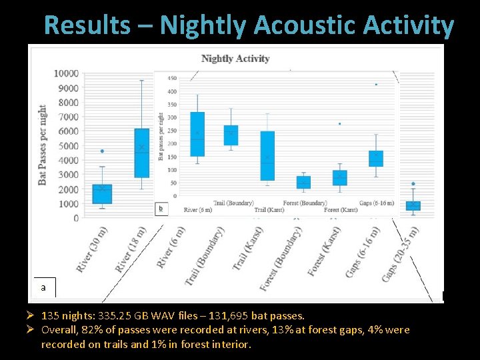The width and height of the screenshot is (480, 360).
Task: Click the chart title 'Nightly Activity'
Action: (x=235, y=59)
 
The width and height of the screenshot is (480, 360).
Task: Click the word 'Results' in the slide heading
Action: (x=87, y=25)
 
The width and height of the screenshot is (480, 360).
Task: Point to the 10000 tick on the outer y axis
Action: (x=66, y=73)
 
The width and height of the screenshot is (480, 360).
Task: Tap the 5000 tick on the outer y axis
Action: (x=68, y=146)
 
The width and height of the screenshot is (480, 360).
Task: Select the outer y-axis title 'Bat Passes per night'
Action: (x=43, y=145)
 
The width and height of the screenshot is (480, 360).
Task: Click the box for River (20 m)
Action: (x=102, y=193)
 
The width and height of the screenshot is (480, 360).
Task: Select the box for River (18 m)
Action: (x=141, y=153)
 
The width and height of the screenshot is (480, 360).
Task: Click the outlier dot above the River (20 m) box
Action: (x=102, y=151)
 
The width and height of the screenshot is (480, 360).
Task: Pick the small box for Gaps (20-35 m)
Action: (x=413, y=205)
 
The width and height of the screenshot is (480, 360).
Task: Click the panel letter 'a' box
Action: (x=43, y=287)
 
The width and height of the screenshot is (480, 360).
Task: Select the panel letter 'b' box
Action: (x=160, y=209)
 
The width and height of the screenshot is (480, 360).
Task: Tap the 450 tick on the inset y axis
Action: (x=172, y=79)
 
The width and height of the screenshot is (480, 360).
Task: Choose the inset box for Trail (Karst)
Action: (x=267, y=155)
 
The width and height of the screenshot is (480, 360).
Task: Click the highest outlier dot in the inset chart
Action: (x=376, y=85)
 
